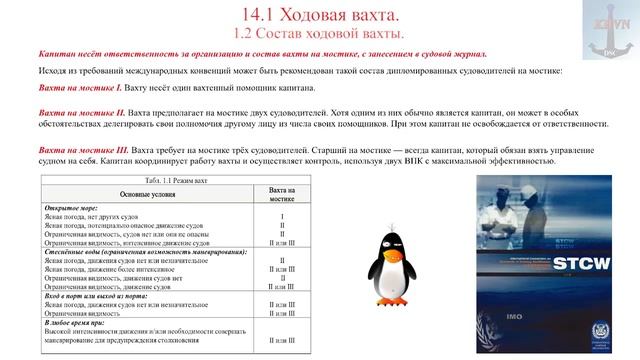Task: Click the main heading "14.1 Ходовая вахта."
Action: coord(320,14)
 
